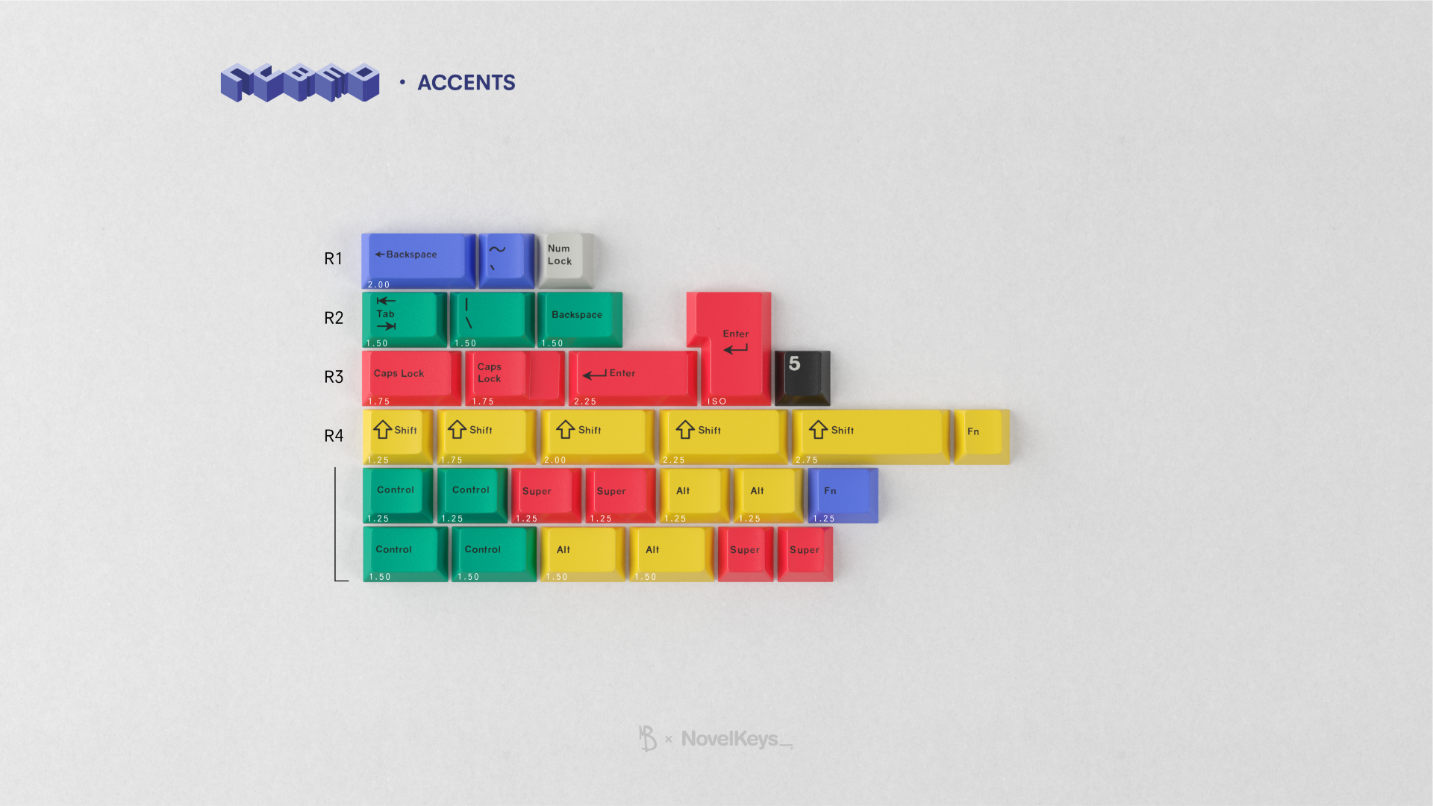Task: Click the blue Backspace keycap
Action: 418,260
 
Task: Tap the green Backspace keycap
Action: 579,319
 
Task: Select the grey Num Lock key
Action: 566,259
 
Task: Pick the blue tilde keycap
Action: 506,259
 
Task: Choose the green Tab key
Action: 404,319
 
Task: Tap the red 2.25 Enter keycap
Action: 632,377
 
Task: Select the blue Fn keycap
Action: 843,494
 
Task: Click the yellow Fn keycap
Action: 981,435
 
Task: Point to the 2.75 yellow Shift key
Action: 871,435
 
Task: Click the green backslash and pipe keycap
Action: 492,319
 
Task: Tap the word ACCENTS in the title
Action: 466,83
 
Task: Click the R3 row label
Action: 334,377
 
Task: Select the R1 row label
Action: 333,259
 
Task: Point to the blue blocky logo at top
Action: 300,82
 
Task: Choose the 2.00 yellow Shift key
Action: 597,435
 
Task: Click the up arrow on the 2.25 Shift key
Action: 685,430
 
